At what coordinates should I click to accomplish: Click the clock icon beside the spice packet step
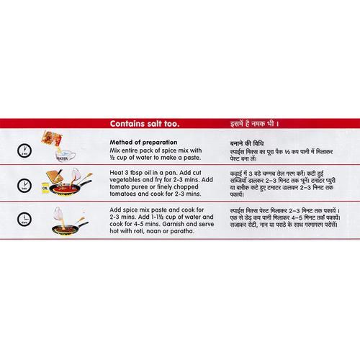(24, 151)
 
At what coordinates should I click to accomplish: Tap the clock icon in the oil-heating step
(24, 186)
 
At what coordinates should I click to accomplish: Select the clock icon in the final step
(24, 220)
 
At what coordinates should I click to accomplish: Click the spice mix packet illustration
(51, 139)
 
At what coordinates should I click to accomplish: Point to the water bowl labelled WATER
(64, 156)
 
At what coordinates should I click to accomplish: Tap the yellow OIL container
(45, 188)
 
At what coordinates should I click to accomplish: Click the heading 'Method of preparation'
(143, 142)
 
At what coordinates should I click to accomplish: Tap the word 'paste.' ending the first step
(192, 158)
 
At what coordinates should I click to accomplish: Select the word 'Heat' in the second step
(116, 173)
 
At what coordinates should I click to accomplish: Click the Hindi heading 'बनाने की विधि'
(247, 143)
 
